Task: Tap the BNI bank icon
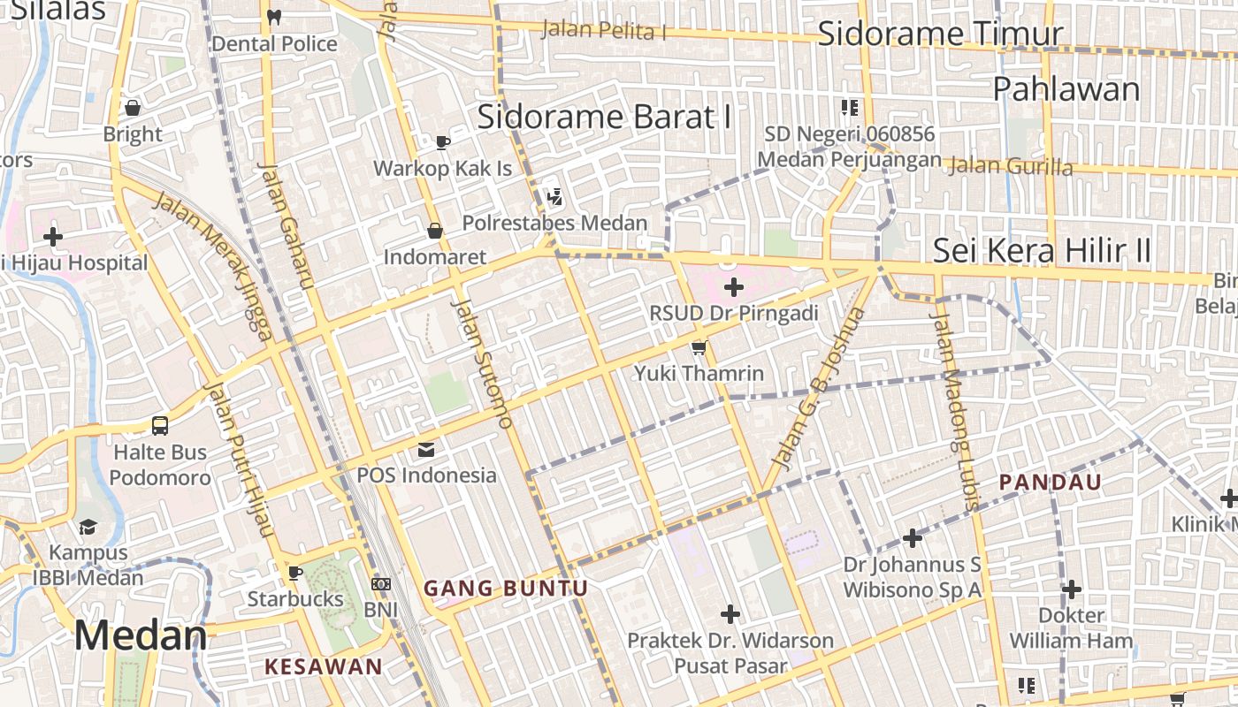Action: (x=381, y=584)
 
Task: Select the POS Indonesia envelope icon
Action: (x=426, y=450)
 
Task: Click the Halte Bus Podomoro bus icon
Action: (x=160, y=426)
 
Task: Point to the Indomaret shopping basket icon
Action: (x=435, y=232)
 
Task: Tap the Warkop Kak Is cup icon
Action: (x=443, y=142)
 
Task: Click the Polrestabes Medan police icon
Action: (x=555, y=197)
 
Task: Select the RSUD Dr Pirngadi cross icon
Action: (x=734, y=287)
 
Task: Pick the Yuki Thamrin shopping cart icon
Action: (x=699, y=347)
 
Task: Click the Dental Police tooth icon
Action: (x=274, y=17)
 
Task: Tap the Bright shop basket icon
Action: (x=133, y=108)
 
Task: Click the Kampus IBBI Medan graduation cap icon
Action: (x=88, y=528)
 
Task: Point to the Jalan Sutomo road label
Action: (x=483, y=363)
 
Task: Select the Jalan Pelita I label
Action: (x=603, y=30)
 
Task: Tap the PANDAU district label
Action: (x=1051, y=483)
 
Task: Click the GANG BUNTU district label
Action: (x=506, y=589)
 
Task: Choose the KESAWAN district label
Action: (x=324, y=667)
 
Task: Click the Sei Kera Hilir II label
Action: (x=1043, y=251)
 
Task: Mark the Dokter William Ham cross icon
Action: (x=1072, y=589)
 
